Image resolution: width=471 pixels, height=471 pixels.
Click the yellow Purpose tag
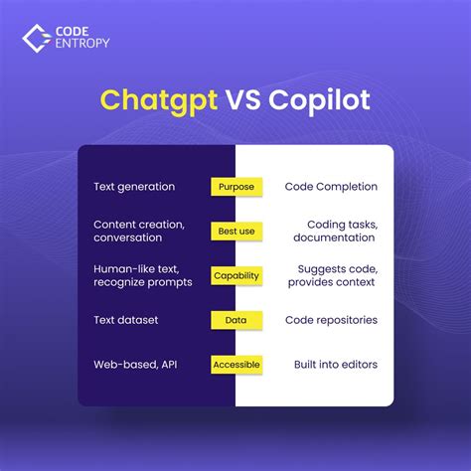click(235, 186)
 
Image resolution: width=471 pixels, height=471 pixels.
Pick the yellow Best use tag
click(235, 231)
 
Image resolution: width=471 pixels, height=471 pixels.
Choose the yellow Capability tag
click(235, 275)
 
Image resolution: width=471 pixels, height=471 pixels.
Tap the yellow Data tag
click(235, 320)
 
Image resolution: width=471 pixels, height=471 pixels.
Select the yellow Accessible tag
click(235, 365)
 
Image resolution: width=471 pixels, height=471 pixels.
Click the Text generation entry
click(134, 186)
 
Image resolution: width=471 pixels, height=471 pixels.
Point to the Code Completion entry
click(331, 186)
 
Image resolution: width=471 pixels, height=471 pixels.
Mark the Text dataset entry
click(125, 320)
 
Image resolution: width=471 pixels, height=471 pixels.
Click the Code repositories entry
click(331, 320)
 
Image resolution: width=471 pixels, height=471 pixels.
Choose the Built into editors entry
click(335, 365)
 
